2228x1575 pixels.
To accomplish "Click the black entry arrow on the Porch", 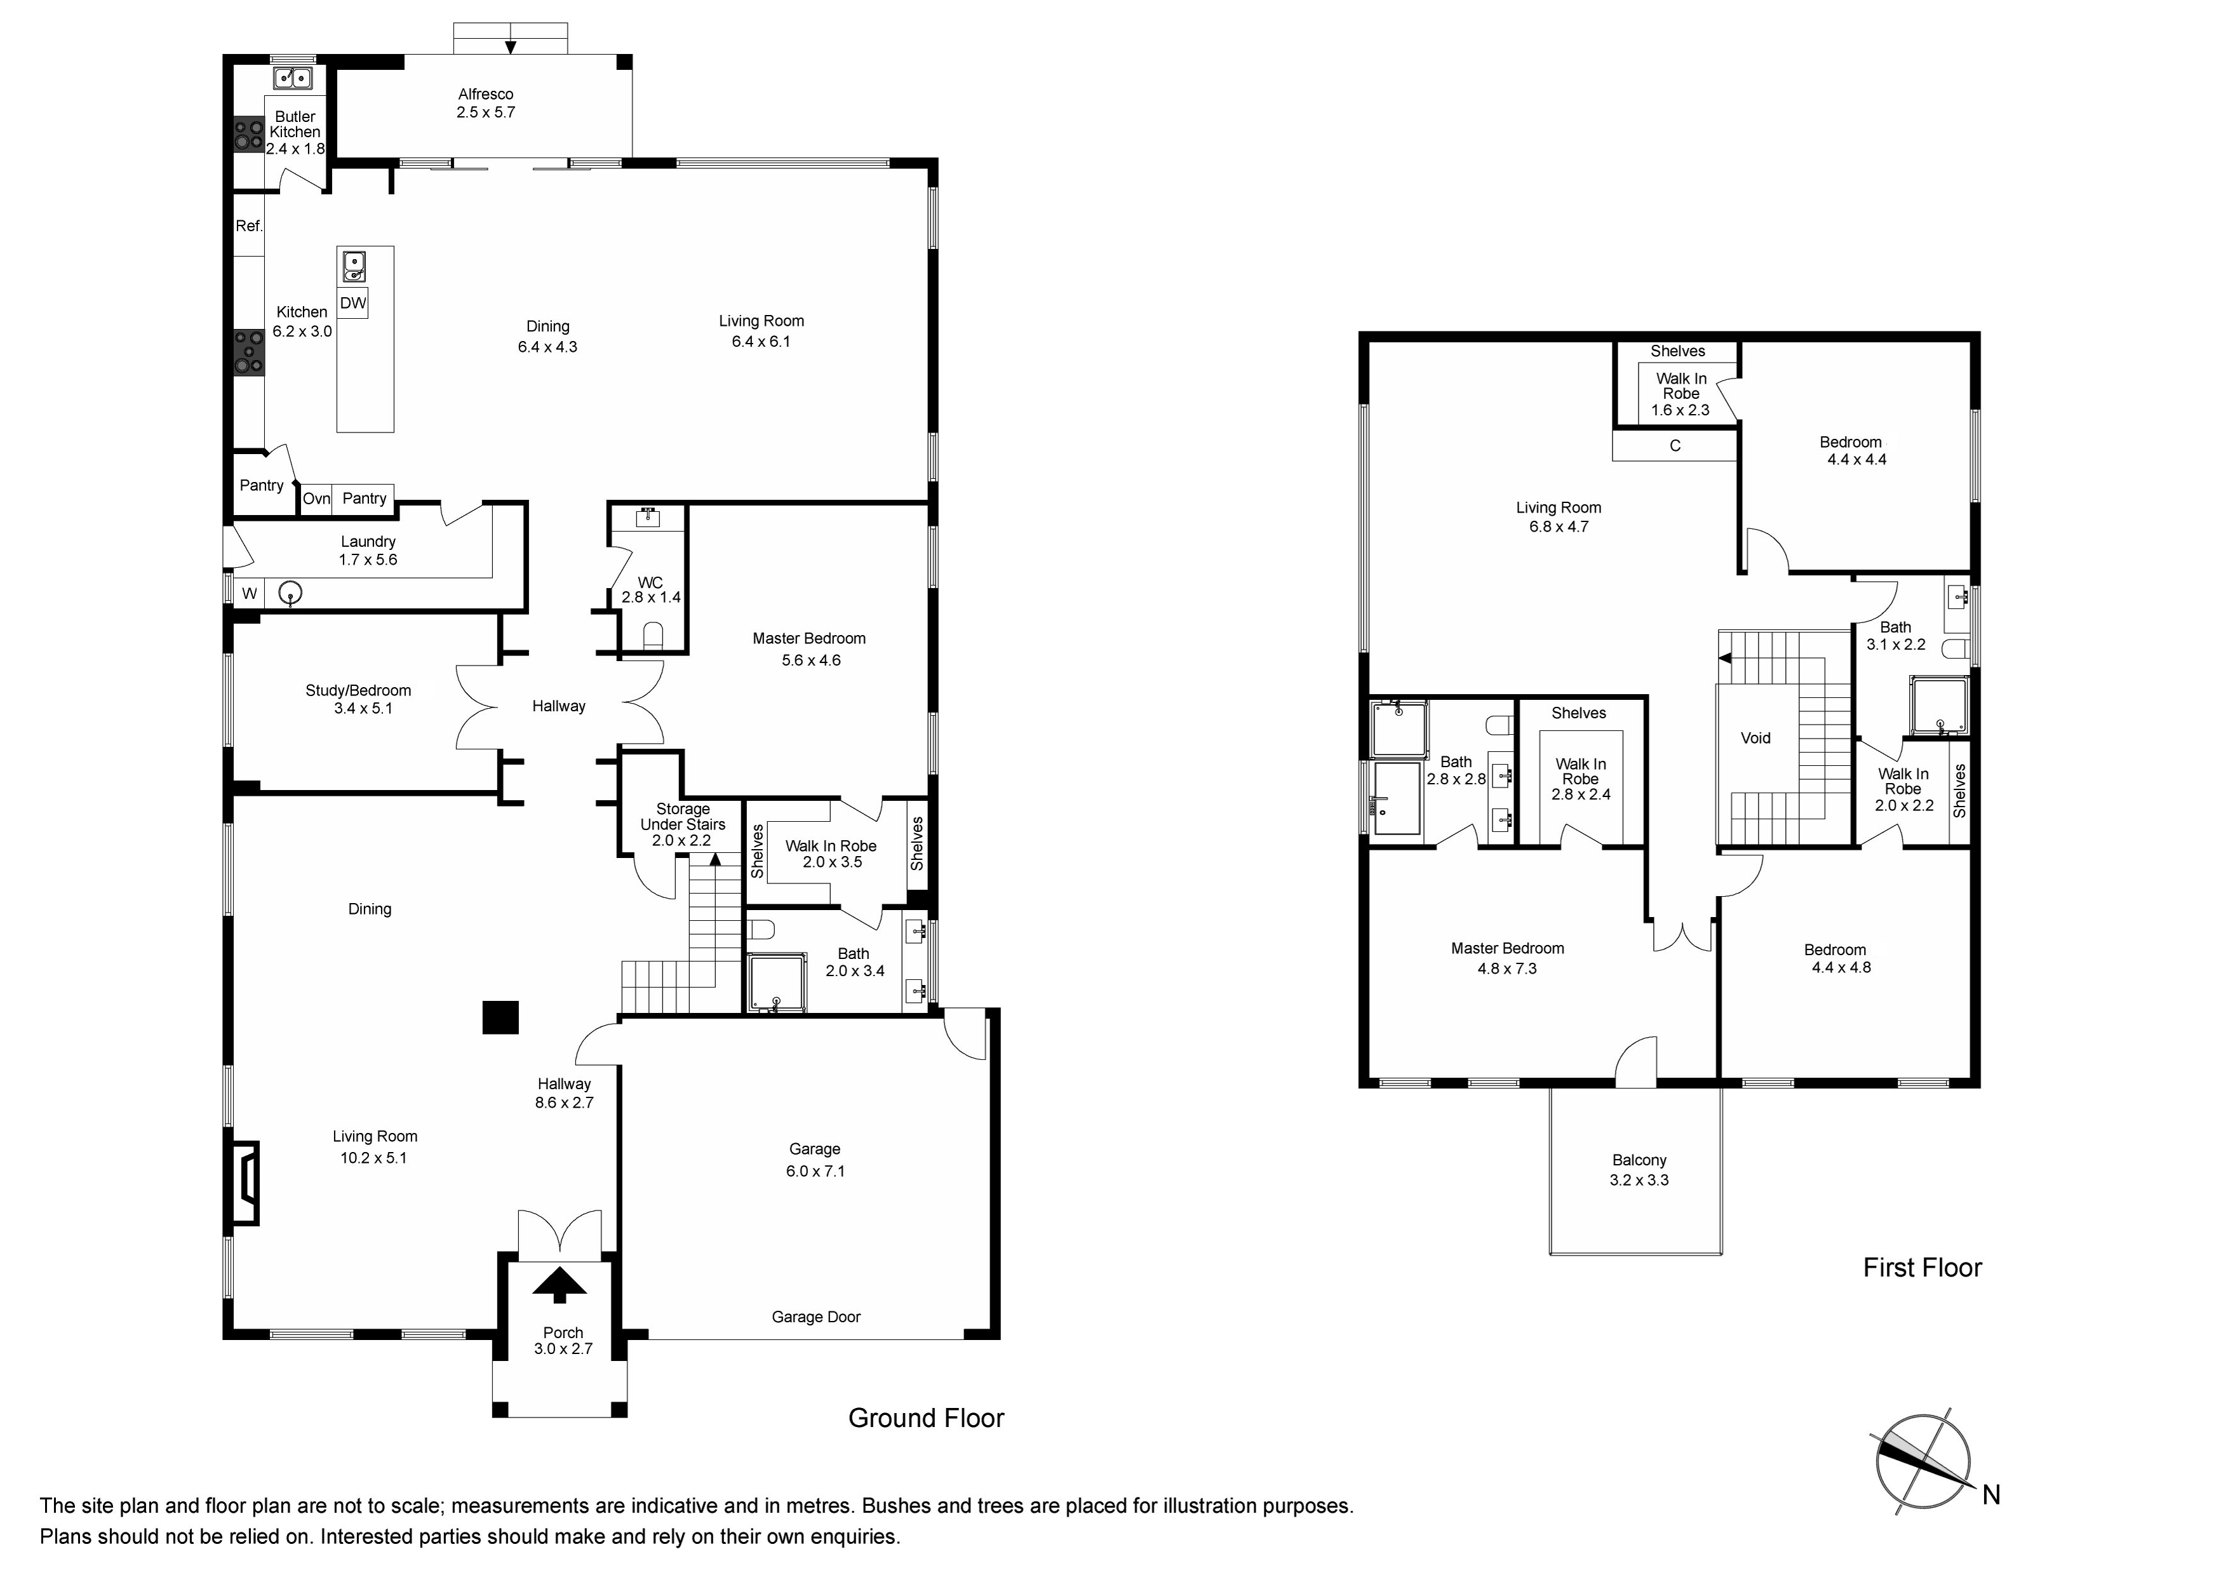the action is [560, 1286].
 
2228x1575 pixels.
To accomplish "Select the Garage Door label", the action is [816, 1317].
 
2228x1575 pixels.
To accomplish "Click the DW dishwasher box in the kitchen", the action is [353, 303].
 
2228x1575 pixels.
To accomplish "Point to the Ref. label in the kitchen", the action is [250, 226].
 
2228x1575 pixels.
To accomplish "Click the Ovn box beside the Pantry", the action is [316, 499].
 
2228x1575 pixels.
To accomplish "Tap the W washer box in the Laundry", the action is [250, 593].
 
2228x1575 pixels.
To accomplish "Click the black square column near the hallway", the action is [500, 1017].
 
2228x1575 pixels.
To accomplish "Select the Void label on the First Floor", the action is [1755, 737].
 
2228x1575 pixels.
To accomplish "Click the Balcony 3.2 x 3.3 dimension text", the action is [1639, 1180].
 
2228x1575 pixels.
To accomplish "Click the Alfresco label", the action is [485, 94].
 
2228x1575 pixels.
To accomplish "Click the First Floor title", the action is [1923, 1268].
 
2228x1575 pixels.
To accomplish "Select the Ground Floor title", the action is [926, 1417].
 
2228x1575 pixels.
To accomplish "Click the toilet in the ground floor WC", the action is [653, 634].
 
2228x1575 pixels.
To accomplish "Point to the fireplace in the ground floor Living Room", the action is [243, 1182].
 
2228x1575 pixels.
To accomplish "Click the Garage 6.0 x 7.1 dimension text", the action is [815, 1171].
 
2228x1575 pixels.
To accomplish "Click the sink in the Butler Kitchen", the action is [292, 77].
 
